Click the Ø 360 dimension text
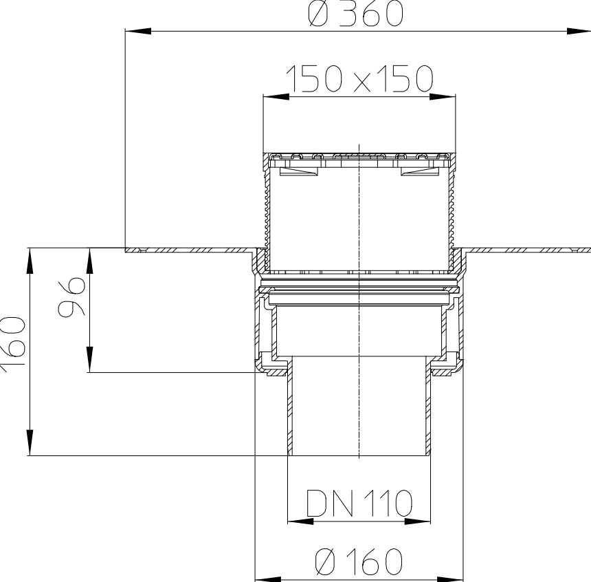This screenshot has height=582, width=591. [x=355, y=14]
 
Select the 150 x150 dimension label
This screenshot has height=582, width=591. [x=359, y=80]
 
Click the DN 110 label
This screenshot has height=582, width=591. [x=359, y=504]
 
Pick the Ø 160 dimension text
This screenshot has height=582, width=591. [x=359, y=562]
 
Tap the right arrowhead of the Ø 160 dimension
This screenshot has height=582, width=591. [x=451, y=579]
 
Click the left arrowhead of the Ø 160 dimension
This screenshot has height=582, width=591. [x=267, y=579]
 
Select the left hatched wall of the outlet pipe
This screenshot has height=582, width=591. [x=290, y=406]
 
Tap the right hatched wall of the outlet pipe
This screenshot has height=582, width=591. [x=428, y=406]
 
